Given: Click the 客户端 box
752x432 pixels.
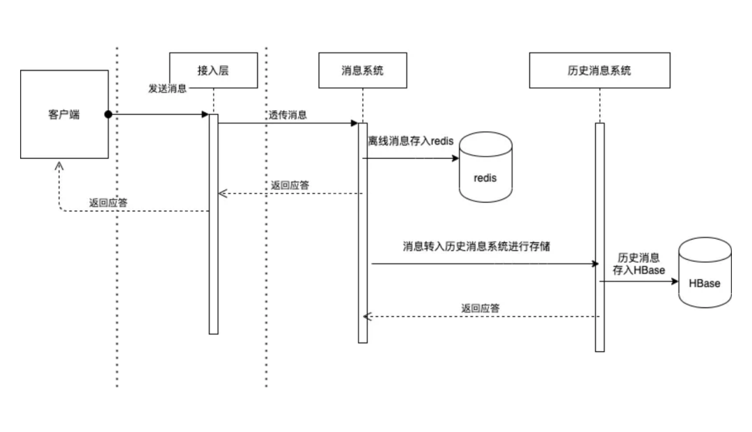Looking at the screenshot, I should [64, 114].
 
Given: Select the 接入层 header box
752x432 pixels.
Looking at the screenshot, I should [213, 70].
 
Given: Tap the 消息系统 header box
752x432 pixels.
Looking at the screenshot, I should [362, 70].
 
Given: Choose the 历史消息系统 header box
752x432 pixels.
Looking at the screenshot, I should [600, 70].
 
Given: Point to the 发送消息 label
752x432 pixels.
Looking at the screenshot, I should [167, 89].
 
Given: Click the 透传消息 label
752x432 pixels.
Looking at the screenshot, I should [288, 115].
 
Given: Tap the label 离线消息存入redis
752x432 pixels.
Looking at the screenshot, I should [411, 141].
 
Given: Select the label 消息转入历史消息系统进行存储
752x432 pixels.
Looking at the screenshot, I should [476, 246].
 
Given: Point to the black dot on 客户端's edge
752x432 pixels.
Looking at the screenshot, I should [109, 114].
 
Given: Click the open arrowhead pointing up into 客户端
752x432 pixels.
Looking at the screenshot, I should [59, 166].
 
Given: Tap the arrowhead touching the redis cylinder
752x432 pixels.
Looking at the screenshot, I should [455, 159].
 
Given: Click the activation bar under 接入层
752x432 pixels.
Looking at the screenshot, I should [214, 223].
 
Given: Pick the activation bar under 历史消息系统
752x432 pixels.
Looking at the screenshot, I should [600, 237].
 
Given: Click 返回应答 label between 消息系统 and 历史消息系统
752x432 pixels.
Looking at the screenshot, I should [480, 308].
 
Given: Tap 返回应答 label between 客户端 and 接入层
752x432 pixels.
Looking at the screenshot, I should [108, 203].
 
